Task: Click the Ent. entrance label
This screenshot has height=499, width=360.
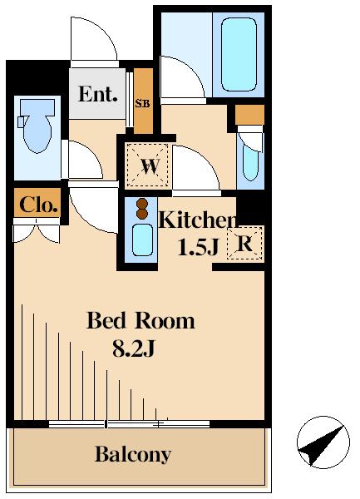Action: [97, 94]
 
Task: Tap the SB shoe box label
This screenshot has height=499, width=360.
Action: [142, 103]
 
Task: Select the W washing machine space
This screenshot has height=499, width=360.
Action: [147, 165]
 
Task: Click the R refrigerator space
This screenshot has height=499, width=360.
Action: [244, 244]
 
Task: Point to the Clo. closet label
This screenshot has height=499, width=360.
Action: [38, 205]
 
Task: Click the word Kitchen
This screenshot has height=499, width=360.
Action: [198, 220]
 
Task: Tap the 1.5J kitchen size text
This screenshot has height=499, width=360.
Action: [198, 247]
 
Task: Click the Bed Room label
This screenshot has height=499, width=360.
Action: [141, 320]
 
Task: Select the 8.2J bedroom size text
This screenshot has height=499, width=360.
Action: [133, 348]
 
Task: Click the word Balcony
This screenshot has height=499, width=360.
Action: [133, 454]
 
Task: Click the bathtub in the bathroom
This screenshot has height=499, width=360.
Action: [239, 54]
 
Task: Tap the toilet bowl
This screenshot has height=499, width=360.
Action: [37, 132]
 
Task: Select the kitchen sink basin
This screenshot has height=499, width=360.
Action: [142, 240]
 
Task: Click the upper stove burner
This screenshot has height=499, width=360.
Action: [142, 204]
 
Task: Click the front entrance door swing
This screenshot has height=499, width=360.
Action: [93, 39]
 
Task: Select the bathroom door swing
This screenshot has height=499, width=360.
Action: [182, 77]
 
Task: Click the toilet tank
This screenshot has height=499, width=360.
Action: [37, 106]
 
